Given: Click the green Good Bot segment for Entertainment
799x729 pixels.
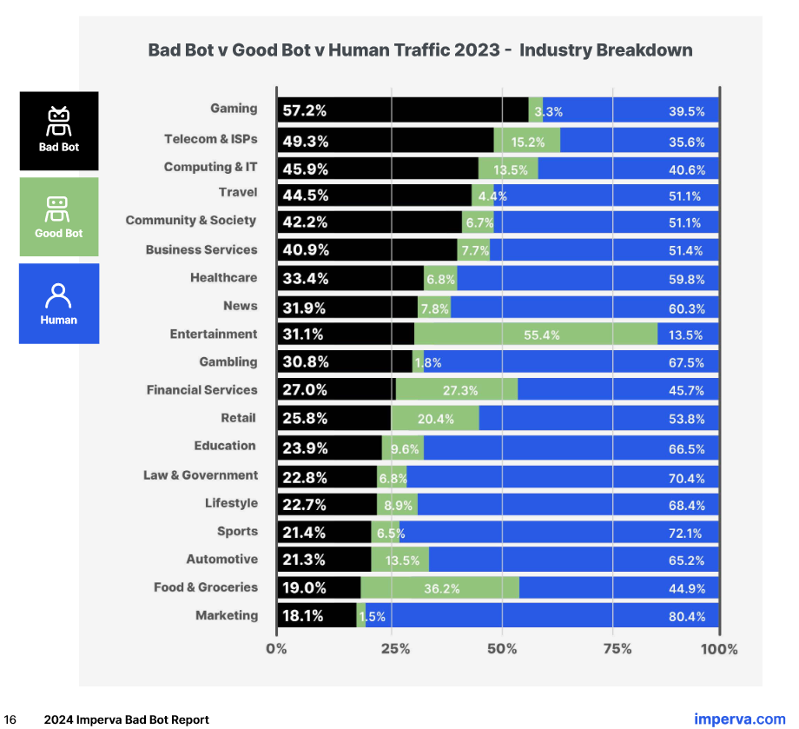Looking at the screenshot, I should click(x=535, y=334).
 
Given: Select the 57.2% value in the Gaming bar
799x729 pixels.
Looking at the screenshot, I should click(x=304, y=110).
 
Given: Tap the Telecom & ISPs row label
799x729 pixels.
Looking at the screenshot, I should click(x=210, y=139).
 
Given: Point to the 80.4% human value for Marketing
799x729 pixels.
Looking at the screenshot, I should click(x=686, y=616).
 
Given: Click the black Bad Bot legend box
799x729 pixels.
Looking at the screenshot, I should click(x=59, y=130).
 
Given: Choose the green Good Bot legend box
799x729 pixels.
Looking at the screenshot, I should click(x=59, y=216).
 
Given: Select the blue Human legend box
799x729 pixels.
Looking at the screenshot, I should click(x=59, y=303).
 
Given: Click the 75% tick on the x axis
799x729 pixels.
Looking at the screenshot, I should click(x=617, y=649).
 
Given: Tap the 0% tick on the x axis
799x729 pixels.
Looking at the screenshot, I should click(x=276, y=649).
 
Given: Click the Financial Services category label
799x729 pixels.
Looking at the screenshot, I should click(x=201, y=390).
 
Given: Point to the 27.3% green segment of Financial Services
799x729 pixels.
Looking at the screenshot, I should click(x=457, y=390).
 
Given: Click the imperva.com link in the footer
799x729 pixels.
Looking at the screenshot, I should click(x=739, y=719).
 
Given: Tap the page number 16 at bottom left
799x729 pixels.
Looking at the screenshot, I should click(x=10, y=719).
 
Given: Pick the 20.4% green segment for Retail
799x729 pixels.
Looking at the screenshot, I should click(x=435, y=419).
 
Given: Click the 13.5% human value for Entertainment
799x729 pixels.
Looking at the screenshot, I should click(x=686, y=335).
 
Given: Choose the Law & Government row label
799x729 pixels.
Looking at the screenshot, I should click(x=201, y=475).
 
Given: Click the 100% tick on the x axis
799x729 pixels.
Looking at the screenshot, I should click(x=719, y=649).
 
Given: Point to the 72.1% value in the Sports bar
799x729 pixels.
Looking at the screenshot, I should click(x=686, y=533).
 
